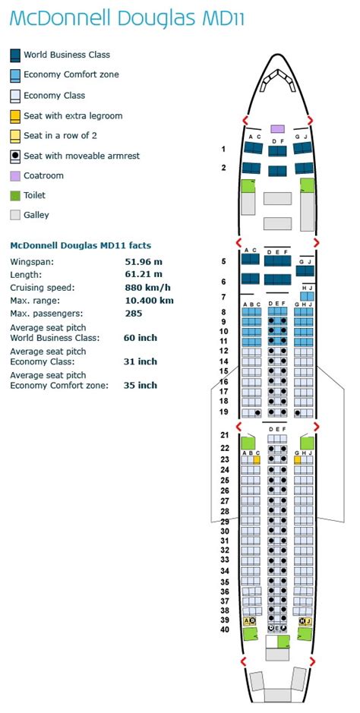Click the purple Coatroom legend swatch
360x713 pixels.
click(x=15, y=175)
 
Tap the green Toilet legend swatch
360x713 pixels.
click(x=15, y=195)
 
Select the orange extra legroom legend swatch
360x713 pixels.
click(x=15, y=116)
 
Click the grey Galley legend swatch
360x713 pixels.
click(x=15, y=215)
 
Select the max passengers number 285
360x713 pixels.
click(x=133, y=313)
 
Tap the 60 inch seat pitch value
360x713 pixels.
click(x=141, y=337)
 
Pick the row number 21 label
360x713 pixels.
click(x=224, y=435)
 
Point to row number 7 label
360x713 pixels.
click(x=224, y=296)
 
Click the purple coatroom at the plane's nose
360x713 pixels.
click(x=277, y=129)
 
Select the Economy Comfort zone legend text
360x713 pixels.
click(x=71, y=75)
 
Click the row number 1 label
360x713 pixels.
click(x=223, y=149)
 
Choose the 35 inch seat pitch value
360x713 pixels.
click(x=141, y=385)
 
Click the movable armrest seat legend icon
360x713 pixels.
click(x=15, y=156)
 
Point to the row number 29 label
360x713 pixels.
click(x=224, y=522)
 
